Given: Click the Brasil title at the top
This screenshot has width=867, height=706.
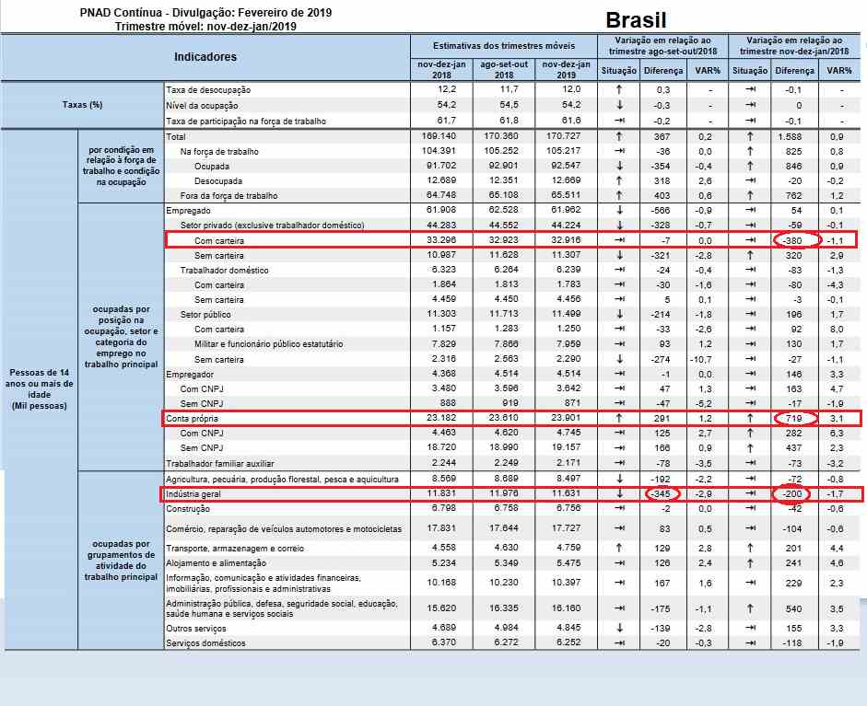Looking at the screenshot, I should tap(636, 20).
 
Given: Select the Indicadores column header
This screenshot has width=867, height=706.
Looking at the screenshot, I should tap(205, 57).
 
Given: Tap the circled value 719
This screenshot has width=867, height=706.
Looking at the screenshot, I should tap(794, 419).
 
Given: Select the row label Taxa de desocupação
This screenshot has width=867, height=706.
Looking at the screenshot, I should tap(208, 90).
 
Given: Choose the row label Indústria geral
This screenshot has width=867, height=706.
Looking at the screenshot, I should tap(193, 494).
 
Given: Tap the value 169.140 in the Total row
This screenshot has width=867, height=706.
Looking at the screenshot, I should tap(440, 136).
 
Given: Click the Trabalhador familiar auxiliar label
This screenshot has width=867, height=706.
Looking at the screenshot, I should tap(221, 463).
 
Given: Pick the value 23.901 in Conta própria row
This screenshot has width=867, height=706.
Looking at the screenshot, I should tap(563, 419).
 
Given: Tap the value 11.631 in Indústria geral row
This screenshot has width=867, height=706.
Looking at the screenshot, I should tap(563, 494).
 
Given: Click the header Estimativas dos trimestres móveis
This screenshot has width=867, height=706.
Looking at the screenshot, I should tap(503, 45).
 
